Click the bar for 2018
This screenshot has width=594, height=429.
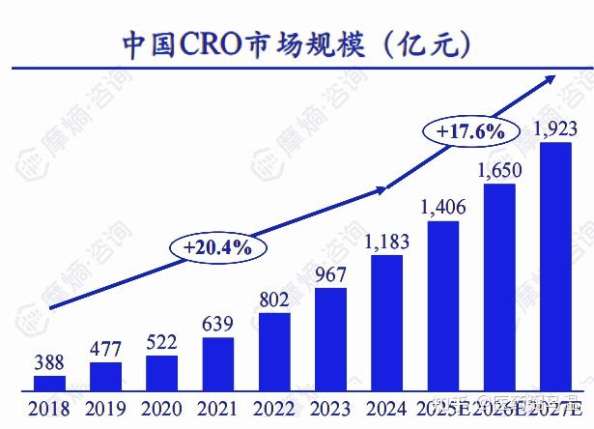(x=49, y=383)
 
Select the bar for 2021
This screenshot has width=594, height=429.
(x=218, y=364)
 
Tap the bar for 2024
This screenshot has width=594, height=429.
(x=386, y=323)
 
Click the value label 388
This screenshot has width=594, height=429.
(x=49, y=362)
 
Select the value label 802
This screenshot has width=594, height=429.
(x=274, y=300)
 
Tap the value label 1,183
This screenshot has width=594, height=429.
(x=386, y=242)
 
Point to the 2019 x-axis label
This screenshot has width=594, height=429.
(x=105, y=408)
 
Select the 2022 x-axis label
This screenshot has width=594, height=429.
(x=274, y=408)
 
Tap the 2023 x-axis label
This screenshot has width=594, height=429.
(x=330, y=408)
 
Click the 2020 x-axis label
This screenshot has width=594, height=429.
(x=161, y=408)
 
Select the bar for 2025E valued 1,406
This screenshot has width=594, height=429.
(x=442, y=305)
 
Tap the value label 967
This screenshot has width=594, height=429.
(x=330, y=274)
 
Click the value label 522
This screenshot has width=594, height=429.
(x=161, y=342)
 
